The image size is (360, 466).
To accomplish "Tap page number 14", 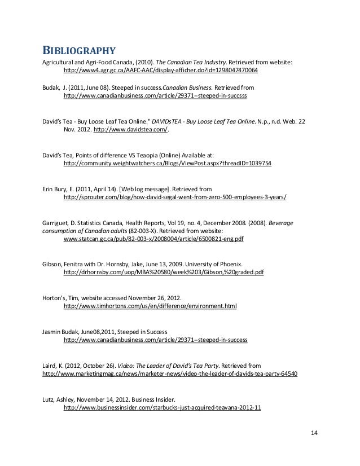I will [x=314, y=433].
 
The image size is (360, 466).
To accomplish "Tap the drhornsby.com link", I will [x=164, y=272].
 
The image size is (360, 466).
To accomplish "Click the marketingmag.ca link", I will [x=170, y=373].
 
